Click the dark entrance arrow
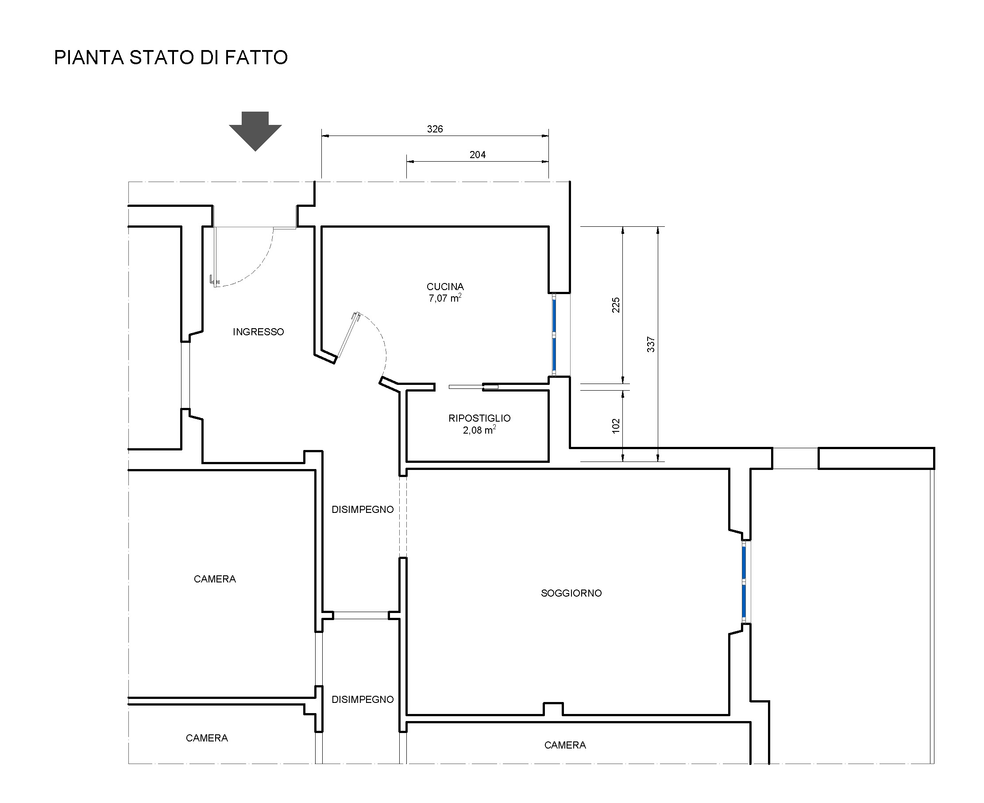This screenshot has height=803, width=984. click(x=255, y=131)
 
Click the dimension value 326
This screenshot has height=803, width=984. click(x=435, y=129)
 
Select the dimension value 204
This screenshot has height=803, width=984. click(x=478, y=155)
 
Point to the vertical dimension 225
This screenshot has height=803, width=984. click(x=616, y=305)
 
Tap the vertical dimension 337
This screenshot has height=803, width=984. click(x=651, y=345)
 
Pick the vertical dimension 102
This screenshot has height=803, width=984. click(x=616, y=426)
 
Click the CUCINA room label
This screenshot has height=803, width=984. click(x=445, y=287)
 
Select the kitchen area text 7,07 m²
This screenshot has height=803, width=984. click(x=445, y=299)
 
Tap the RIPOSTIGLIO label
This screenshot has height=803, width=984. click(x=479, y=418)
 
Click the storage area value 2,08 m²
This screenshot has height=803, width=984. click(x=479, y=430)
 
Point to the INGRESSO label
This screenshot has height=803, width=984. click(x=259, y=332)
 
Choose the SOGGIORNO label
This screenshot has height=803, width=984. click(x=571, y=593)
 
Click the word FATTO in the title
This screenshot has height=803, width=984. click(x=257, y=58)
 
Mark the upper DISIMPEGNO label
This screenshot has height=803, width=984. click(x=363, y=509)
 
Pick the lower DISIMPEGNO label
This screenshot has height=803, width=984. click(x=363, y=699)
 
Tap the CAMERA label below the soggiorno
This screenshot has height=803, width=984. click(x=565, y=745)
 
